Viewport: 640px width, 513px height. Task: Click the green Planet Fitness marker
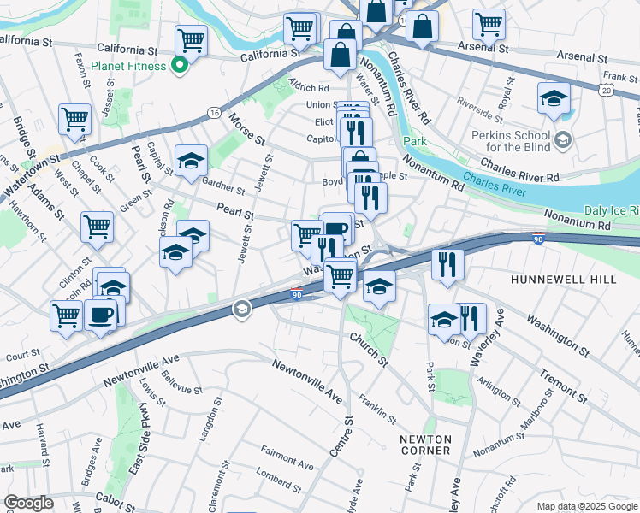[x=180, y=66]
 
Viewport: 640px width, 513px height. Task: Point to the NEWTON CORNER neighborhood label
[x=425, y=445]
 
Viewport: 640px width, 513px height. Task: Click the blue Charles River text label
[x=500, y=180]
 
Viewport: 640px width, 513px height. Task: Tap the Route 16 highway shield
[x=213, y=113]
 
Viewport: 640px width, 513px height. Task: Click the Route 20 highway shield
[x=607, y=89]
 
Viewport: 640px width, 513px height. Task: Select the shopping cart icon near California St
[x=191, y=39]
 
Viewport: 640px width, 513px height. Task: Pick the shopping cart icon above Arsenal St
[x=489, y=23]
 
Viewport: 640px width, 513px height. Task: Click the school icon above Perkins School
[x=554, y=97]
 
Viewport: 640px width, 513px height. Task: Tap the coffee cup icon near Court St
[x=100, y=314]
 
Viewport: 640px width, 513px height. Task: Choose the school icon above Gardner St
[x=191, y=160]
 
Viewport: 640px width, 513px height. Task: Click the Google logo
[x=28, y=503]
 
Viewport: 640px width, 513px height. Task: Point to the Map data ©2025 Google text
[x=586, y=506]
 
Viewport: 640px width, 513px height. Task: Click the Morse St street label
[x=247, y=129]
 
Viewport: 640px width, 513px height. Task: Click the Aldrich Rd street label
[x=310, y=88]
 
